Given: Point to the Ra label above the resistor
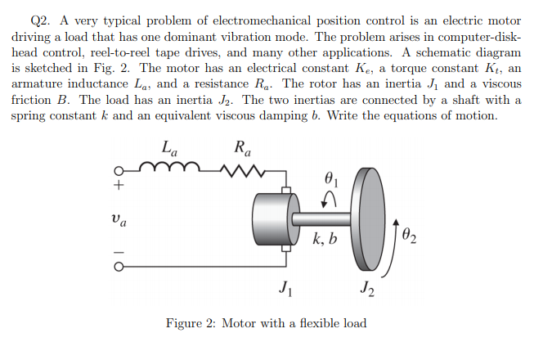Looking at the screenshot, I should click(x=242, y=150).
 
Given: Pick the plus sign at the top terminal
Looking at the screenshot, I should click(x=119, y=187).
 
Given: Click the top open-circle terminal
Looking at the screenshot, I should click(x=119, y=173).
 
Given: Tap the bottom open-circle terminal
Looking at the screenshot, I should click(x=119, y=265).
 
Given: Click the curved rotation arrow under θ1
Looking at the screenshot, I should click(x=330, y=199).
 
